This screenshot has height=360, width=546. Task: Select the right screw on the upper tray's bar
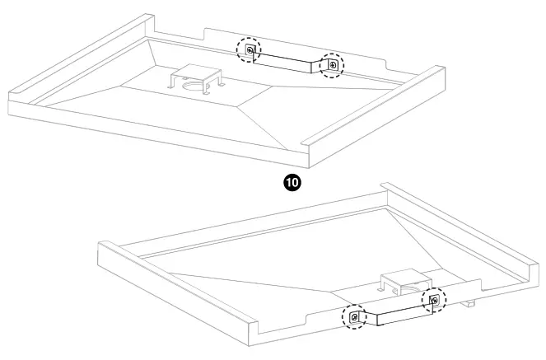point(332,64)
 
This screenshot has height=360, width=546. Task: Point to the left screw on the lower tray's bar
point(355,316)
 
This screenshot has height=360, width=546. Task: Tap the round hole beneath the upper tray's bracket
point(195,85)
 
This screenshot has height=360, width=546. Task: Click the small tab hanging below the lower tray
point(470,304)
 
